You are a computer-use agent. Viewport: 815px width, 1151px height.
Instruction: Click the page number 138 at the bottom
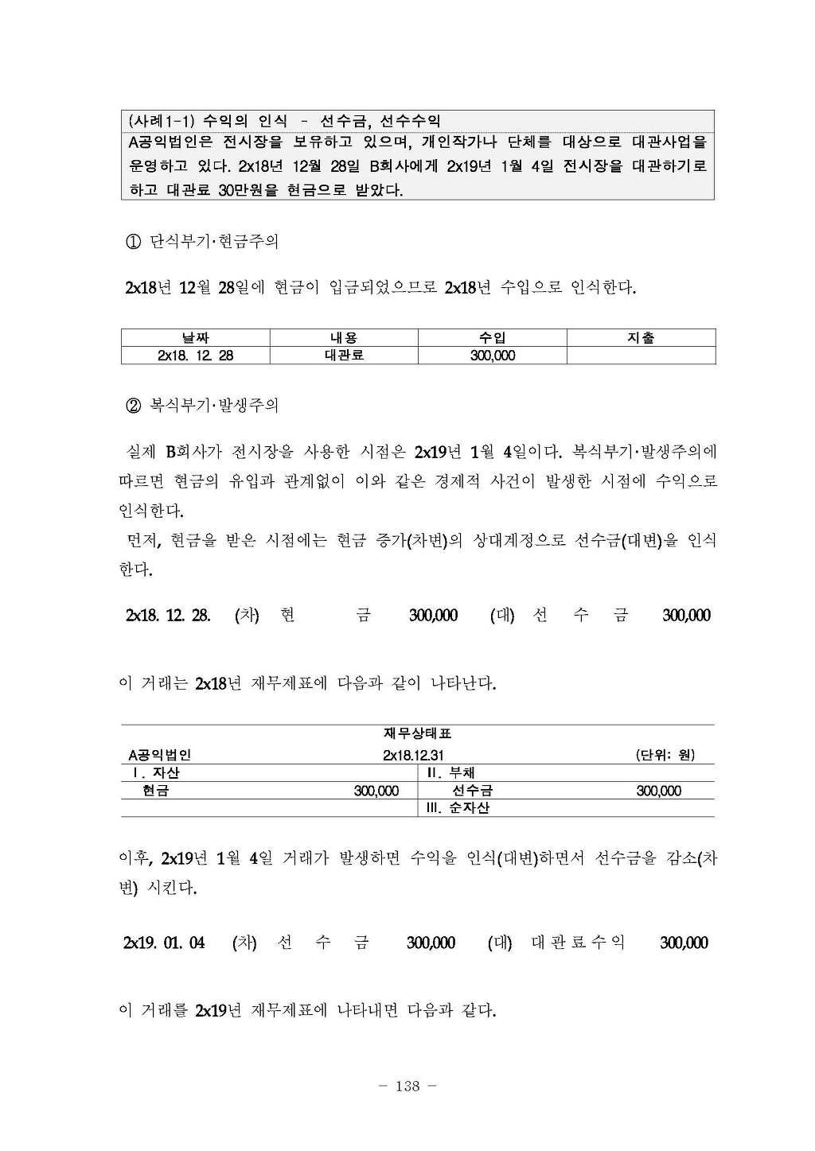pos(407,1086)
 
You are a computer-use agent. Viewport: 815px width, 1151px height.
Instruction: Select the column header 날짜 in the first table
pos(195,338)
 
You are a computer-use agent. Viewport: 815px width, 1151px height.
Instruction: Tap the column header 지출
pos(641,338)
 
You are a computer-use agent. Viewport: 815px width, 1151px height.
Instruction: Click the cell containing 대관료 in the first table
pos(344,356)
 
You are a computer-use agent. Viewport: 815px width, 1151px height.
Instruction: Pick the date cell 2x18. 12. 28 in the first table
pos(195,356)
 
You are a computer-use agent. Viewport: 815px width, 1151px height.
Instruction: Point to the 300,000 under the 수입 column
pos(493,356)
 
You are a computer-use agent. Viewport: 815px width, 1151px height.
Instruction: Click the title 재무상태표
pos(417,733)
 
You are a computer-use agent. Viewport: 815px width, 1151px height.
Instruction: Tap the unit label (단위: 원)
pos(665,755)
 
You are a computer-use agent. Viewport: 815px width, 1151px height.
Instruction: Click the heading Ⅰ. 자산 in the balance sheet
pos(156,772)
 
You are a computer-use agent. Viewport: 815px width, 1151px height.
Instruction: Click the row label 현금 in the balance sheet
pos(155,791)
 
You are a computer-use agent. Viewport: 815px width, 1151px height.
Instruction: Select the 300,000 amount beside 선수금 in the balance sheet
pos(658,791)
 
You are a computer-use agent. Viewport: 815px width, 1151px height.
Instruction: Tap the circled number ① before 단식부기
pos(133,242)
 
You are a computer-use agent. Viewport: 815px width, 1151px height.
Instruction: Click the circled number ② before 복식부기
pos(133,406)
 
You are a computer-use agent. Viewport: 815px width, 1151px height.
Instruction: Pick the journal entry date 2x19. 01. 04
pos(164,943)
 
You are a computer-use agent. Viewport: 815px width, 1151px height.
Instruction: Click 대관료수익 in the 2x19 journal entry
pos(578,943)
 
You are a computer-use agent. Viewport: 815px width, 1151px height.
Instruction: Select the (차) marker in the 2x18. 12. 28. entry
pos(247,615)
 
